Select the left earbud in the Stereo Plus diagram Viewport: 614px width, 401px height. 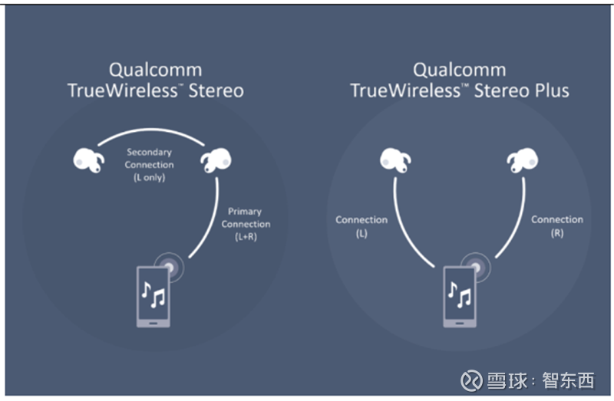(394, 160)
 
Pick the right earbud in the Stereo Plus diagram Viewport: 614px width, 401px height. (522, 160)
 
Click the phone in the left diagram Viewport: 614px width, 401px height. (153, 295)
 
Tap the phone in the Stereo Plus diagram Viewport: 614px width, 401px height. (459, 295)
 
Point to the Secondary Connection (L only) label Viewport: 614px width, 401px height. (150, 165)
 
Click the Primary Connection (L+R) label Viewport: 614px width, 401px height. (246, 224)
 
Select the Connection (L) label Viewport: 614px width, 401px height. (361, 226)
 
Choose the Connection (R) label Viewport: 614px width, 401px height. (557, 225)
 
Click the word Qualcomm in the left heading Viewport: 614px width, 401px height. (156, 70)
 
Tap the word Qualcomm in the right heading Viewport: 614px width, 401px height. (460, 70)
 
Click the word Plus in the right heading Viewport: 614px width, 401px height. (552, 90)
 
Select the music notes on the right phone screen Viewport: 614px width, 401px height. (459, 294)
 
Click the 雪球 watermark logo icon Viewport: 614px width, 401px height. (470, 380)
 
